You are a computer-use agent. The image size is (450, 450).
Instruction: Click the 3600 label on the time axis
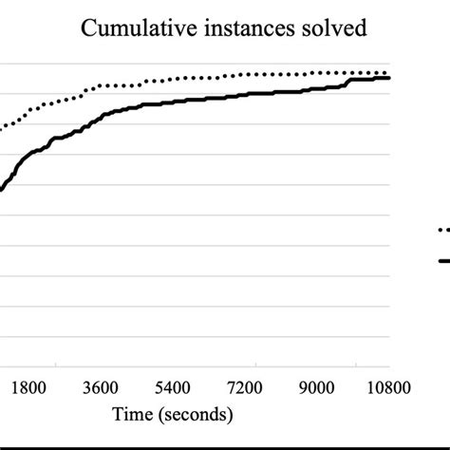pyautogui.click(x=102, y=387)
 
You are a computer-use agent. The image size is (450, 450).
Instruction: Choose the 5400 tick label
pyautogui.click(x=174, y=387)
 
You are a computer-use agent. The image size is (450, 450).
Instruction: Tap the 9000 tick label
pyautogui.click(x=317, y=387)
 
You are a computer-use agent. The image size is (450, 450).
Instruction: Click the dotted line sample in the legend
pyautogui.click(x=442, y=229)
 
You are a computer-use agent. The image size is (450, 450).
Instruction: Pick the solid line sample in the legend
pyautogui.click(x=442, y=259)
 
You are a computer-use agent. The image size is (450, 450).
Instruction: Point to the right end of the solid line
pyautogui.click(x=389, y=78)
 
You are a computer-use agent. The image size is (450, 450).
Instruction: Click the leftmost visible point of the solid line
pyautogui.click(x=1, y=190)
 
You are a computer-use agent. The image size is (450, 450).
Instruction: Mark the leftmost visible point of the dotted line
pyautogui.click(x=1, y=127)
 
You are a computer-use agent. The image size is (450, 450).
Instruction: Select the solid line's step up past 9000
pyautogui.click(x=348, y=83)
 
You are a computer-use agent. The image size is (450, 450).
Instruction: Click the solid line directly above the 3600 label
pyautogui.click(x=102, y=117)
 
